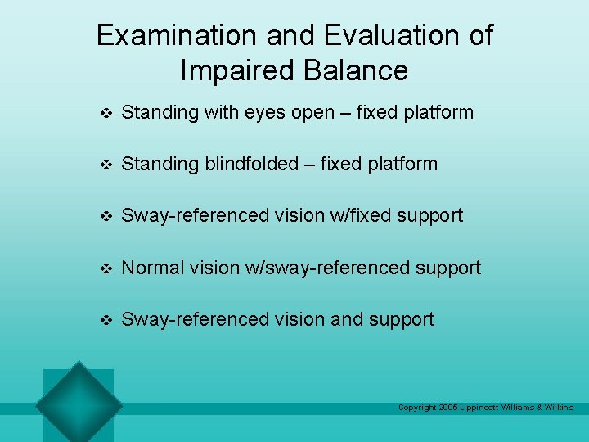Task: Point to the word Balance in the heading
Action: tap(356, 70)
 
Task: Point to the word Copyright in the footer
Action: tap(416, 408)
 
